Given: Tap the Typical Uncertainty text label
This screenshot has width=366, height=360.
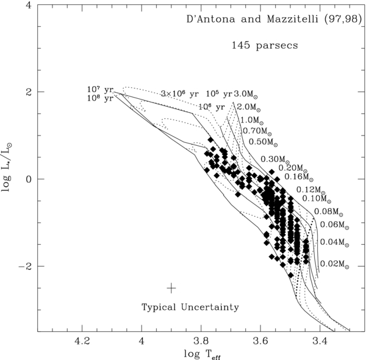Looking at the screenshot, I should click(190, 307).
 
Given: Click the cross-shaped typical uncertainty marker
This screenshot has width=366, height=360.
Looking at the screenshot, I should click(171, 287).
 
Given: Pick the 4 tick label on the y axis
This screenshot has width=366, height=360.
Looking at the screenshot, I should click(28, 5).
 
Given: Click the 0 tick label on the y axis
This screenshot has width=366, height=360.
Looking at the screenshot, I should click(28, 179).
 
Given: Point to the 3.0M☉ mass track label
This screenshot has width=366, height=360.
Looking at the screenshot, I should click(246, 94).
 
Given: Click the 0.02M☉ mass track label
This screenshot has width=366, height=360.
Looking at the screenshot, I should click(334, 264).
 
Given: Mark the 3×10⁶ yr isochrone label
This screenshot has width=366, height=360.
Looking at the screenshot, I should click(180, 94).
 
